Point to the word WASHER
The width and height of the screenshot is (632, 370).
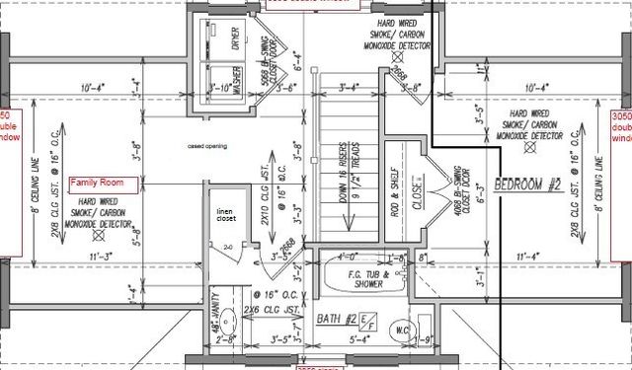(x=237, y=77)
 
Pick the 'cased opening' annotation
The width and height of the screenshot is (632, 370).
(x=207, y=146)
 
